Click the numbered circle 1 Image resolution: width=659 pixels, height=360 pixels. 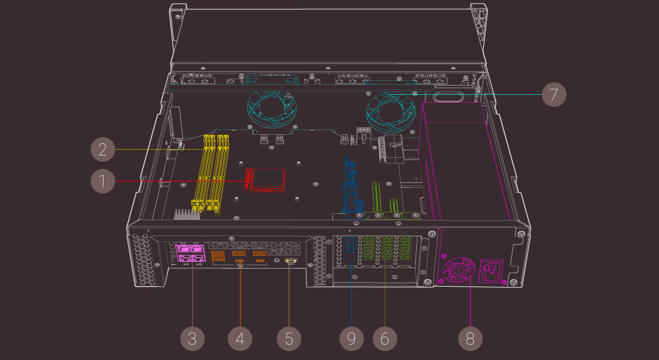tap(103, 181)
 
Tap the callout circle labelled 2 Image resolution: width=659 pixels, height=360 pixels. tap(103, 150)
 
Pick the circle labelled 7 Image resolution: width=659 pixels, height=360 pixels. tap(554, 94)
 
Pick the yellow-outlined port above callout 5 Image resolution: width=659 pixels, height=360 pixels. tap(291, 262)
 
